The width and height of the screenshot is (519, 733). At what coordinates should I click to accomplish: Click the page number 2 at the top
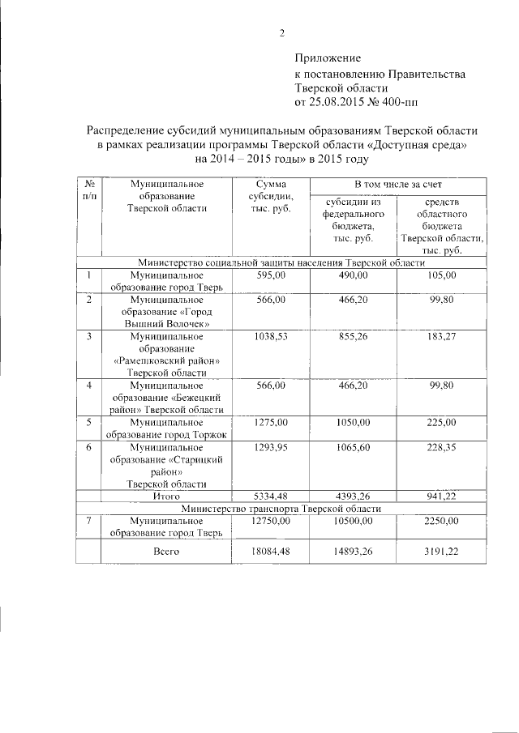coord(281,33)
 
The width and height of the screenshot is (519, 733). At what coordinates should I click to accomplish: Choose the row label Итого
coord(166,495)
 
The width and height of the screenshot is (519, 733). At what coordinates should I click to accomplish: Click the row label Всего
coord(166,551)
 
